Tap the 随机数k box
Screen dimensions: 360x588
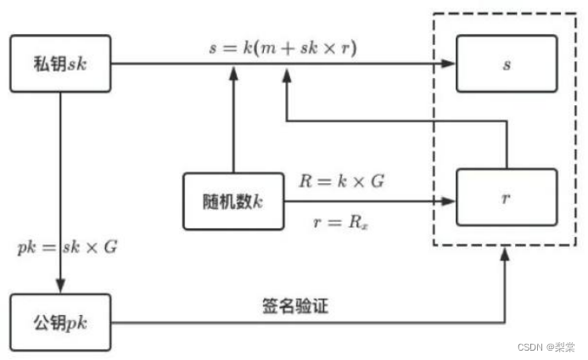coord(233,201)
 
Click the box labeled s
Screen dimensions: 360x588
coord(507,64)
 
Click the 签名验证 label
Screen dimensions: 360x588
coord(294,307)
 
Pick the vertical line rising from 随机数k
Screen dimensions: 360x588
coord(233,123)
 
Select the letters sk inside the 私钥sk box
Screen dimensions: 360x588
coord(76,65)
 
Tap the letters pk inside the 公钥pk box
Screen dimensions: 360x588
coord(76,323)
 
